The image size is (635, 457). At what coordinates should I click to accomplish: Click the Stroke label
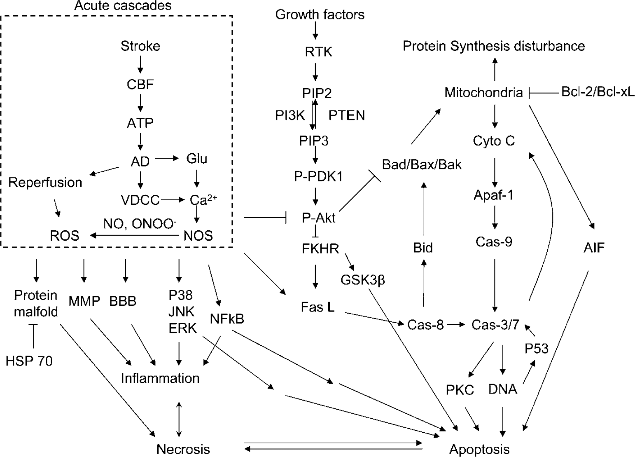[x=140, y=46]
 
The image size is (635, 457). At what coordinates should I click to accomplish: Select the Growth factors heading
[x=320, y=15]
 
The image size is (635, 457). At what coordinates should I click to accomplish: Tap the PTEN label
[x=347, y=115]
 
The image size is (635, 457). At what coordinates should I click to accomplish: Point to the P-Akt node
[x=319, y=218]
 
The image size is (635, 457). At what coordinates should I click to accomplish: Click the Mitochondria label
[x=483, y=92]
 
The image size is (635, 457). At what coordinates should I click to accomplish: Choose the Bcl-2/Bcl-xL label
[x=598, y=91]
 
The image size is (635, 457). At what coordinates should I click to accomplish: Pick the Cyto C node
[x=494, y=141]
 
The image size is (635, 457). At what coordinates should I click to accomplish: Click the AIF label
[x=594, y=248]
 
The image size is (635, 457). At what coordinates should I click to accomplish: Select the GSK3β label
[x=363, y=280]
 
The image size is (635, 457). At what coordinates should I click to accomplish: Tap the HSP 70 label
[x=29, y=361]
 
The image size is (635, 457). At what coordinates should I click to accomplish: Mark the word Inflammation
[x=160, y=378]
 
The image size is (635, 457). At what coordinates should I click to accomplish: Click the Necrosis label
[x=183, y=449]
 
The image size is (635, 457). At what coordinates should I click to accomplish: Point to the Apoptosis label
[x=480, y=449]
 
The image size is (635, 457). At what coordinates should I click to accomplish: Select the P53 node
[x=537, y=348]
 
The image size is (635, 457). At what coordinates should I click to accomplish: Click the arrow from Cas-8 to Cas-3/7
[x=456, y=324]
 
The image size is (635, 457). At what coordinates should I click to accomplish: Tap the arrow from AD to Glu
[x=167, y=158]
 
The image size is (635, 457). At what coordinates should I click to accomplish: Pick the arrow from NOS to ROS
[x=134, y=235]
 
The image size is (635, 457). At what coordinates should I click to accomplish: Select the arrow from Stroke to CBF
[x=140, y=64]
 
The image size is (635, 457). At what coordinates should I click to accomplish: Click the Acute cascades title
[x=123, y=6]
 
